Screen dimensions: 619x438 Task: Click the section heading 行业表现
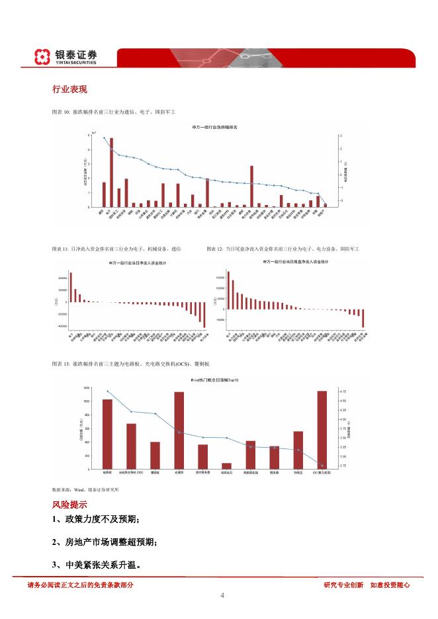coord(69,89)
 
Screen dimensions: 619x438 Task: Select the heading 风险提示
coord(69,505)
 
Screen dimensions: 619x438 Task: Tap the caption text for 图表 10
coord(117,112)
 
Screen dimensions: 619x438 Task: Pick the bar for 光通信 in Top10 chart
coord(179,430)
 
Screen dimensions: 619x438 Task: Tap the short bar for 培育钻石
coord(227,466)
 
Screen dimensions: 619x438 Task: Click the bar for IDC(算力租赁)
coord(322,430)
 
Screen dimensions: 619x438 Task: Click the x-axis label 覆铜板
coord(155,473)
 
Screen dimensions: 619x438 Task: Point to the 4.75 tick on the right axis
coord(343,392)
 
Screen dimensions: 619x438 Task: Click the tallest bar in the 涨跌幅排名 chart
coord(111,172)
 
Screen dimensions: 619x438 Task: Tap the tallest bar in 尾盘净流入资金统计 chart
coord(228,290)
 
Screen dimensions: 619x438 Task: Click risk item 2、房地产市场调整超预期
coord(105,542)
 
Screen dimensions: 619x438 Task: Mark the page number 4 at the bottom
coord(222,596)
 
